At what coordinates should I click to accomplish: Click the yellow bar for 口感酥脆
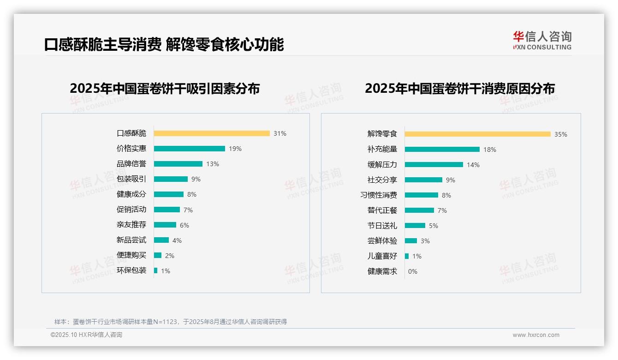(212, 133)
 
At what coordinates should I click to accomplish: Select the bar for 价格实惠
(190, 149)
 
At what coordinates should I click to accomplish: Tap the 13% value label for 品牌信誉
(213, 164)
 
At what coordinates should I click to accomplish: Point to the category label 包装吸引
(131, 179)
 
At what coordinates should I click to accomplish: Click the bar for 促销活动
(167, 210)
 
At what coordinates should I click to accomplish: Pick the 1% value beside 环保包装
(166, 271)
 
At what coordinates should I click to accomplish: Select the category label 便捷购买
(131, 255)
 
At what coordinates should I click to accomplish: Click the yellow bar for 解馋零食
(478, 134)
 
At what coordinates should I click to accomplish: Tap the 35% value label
(561, 134)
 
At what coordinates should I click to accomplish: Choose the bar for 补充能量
(442, 150)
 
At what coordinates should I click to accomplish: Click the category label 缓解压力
(382, 165)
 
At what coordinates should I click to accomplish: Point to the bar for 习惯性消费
(422, 195)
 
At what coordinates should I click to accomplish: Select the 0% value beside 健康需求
(413, 271)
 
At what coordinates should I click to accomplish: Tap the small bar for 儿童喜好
(407, 256)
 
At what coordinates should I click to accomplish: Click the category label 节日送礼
(382, 226)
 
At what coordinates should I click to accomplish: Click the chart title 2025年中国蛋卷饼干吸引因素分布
(165, 88)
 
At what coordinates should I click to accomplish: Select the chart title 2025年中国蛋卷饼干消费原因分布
(460, 88)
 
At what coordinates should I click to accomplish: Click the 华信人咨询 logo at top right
(542, 40)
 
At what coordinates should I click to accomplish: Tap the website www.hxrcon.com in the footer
(536, 335)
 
